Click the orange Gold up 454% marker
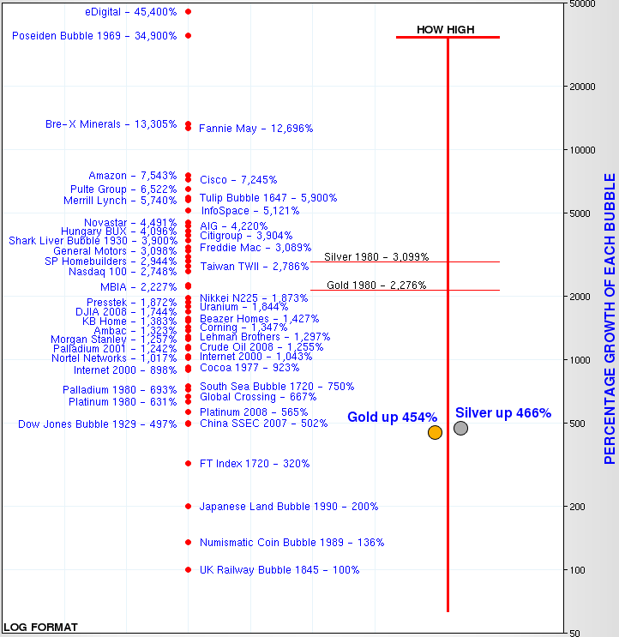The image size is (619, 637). click(x=435, y=432)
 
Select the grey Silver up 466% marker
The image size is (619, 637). click(x=460, y=428)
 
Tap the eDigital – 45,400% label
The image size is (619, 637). click(x=130, y=12)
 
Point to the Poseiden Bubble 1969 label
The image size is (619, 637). click(x=94, y=36)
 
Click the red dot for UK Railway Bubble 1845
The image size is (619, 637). click(x=189, y=570)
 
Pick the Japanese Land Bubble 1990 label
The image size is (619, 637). click(x=288, y=507)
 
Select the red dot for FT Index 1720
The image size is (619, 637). click(x=189, y=464)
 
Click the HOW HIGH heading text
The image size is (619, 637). click(x=446, y=30)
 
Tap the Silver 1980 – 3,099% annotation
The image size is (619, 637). click(x=376, y=256)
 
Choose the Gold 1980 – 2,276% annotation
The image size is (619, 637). click(x=376, y=285)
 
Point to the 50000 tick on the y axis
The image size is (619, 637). click(x=583, y=4)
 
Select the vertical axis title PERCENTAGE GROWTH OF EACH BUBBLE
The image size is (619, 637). click(x=610, y=319)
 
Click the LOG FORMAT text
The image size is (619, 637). click(x=40, y=627)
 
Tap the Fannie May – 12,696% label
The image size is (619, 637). click(x=255, y=129)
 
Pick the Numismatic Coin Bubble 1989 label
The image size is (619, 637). click(x=291, y=543)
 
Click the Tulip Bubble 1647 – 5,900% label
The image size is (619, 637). click(x=268, y=198)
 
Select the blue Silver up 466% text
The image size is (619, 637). click(x=502, y=413)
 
